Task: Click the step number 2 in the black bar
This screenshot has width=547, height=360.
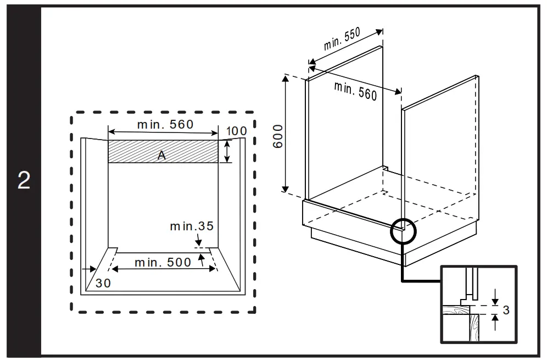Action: [x=24, y=181]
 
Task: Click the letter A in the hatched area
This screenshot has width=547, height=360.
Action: [x=161, y=156]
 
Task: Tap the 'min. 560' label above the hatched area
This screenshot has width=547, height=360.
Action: [x=165, y=125]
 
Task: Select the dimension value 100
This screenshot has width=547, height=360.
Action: [x=236, y=131]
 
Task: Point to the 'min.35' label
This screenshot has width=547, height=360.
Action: [x=191, y=226]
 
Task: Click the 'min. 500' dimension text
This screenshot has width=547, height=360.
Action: [x=163, y=262]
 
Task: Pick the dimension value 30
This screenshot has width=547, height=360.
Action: [x=103, y=283]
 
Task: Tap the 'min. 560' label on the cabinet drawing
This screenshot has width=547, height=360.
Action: [x=355, y=90]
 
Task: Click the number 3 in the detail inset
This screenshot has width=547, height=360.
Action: [x=506, y=311]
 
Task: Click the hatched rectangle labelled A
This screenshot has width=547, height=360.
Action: [x=163, y=151]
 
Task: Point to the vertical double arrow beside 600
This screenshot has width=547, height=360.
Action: [x=286, y=134]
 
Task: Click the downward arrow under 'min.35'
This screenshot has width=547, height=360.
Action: [x=198, y=240]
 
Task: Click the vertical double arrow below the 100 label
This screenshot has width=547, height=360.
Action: [x=227, y=151]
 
